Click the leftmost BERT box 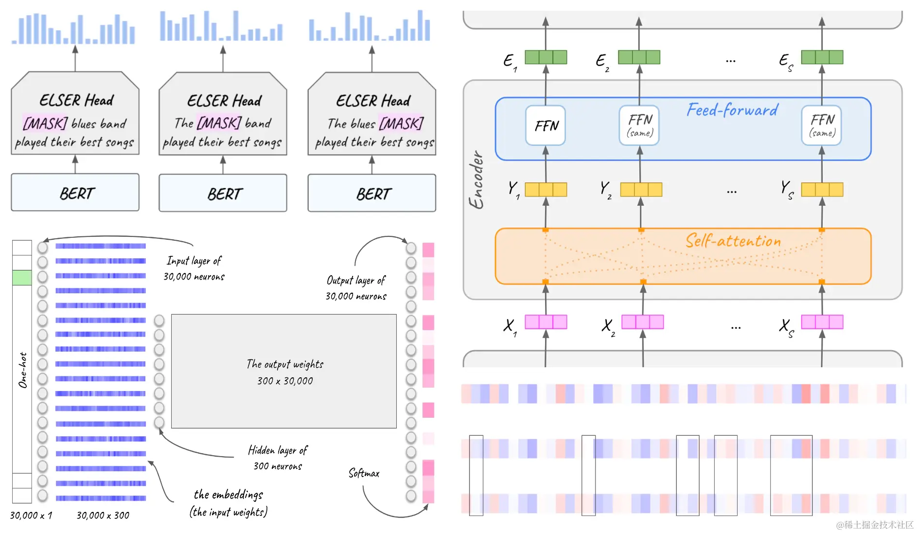(x=75, y=193)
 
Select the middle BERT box (x=223, y=193)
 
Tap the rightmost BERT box (x=372, y=193)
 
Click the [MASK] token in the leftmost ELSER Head (x=45, y=124)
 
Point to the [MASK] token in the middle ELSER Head (x=219, y=123)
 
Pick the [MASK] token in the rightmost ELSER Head (x=401, y=124)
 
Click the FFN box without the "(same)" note (x=546, y=125)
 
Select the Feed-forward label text (x=732, y=110)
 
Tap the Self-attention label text (x=733, y=241)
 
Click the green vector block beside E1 (x=546, y=57)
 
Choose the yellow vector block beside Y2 (x=641, y=189)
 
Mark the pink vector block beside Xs (x=822, y=322)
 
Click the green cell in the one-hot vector (x=22, y=278)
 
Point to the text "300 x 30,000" (x=285, y=381)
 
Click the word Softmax (x=364, y=473)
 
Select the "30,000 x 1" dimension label (x=31, y=515)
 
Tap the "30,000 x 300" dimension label (x=103, y=515)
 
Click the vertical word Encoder (x=476, y=180)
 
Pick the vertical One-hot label (x=22, y=370)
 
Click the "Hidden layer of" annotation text (x=278, y=450)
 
